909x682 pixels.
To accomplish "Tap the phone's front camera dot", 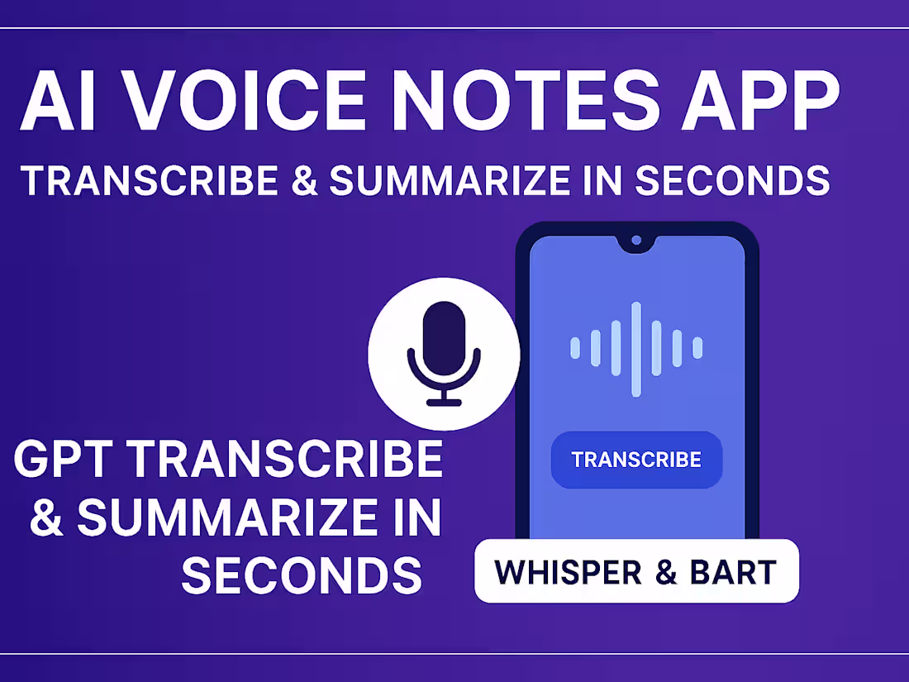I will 636,241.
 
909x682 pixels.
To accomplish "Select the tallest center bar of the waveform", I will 636,349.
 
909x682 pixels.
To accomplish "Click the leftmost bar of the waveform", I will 575,349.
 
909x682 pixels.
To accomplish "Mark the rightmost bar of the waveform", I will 697,349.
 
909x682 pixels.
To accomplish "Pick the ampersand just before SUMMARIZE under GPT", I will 47,517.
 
